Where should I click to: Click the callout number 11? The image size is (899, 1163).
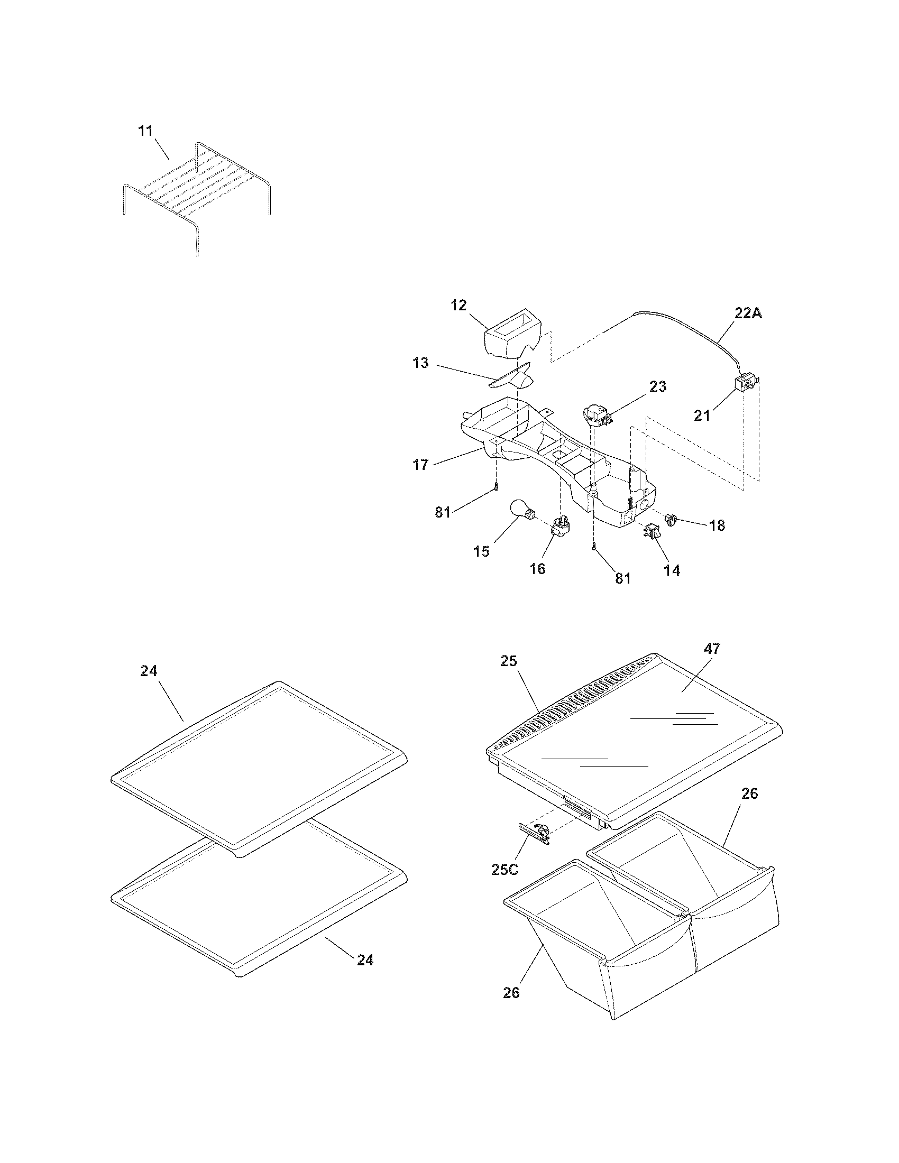145,131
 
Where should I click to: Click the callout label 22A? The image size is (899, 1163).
748,313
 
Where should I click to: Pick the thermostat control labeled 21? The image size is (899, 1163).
746,383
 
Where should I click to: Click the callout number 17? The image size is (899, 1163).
420,465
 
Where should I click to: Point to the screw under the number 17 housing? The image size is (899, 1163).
497,486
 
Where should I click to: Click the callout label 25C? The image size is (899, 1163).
504,870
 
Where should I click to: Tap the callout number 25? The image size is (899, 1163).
509,661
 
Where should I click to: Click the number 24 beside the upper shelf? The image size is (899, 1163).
149,671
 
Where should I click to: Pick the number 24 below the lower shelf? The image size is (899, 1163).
365,960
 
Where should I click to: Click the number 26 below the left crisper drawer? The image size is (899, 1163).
511,993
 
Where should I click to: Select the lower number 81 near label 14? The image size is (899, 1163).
622,578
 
